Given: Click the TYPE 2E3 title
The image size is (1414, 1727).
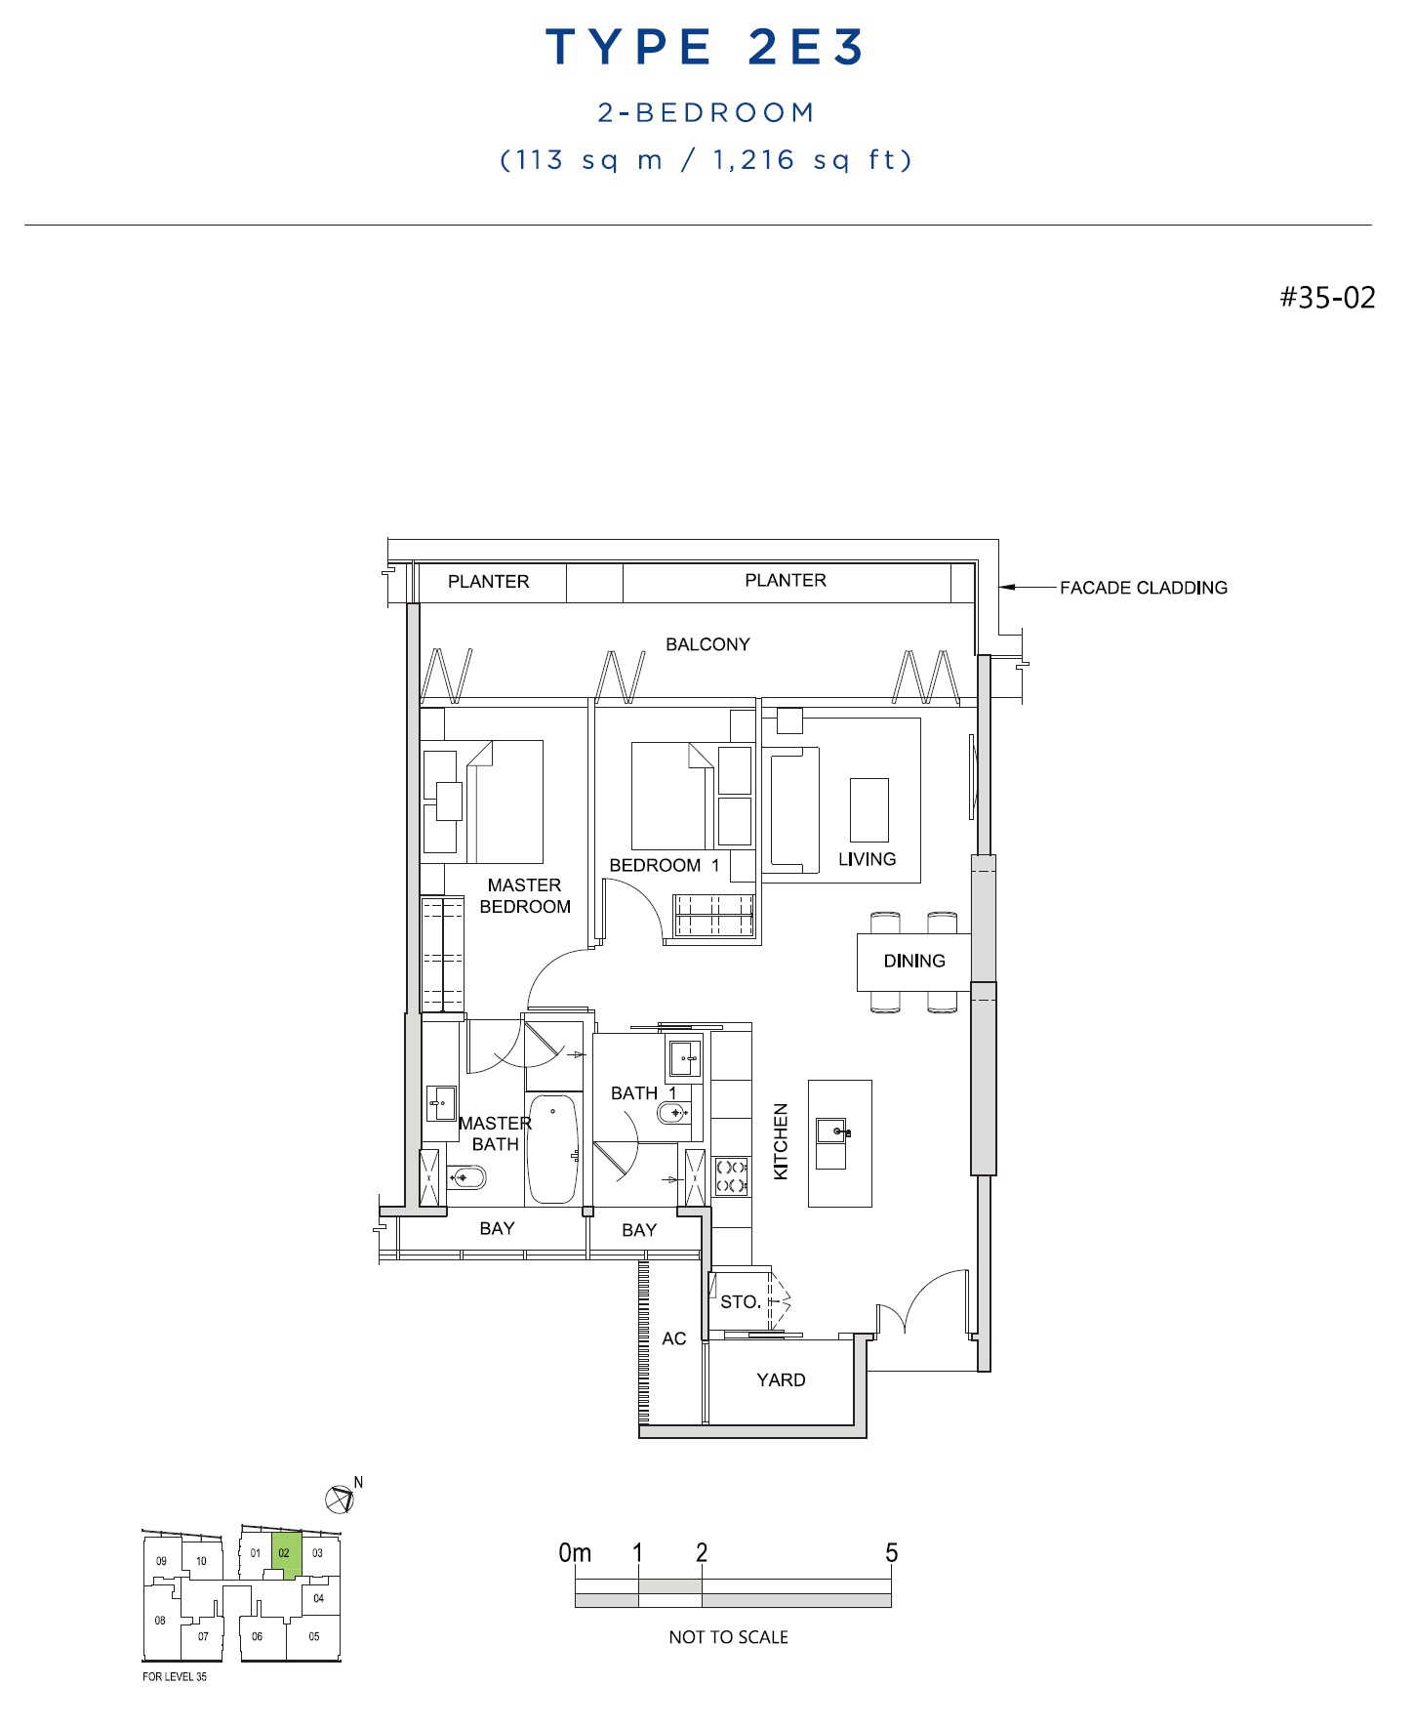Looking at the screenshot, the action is click(705, 47).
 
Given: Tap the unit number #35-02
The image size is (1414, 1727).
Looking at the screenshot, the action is click(1327, 297).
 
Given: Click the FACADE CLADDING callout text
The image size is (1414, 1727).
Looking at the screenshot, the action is click(1144, 588).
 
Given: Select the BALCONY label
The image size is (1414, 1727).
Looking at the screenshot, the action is click(707, 644).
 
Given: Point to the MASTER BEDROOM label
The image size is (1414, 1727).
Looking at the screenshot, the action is click(525, 896).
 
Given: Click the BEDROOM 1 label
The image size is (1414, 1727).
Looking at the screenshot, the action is click(665, 865).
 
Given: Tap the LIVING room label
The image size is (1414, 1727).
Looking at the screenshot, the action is click(867, 859).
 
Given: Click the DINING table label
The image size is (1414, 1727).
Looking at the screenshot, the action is click(914, 961).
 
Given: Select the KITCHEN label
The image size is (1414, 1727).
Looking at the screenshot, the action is click(781, 1141).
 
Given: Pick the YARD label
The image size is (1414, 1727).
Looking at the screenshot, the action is click(781, 1379).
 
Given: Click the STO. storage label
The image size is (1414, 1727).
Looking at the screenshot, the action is click(741, 1301).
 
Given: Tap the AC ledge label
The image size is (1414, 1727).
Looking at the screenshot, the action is click(674, 1338).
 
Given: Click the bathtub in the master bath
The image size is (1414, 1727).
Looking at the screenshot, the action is click(552, 1149).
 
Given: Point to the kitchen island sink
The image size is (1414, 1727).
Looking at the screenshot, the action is click(833, 1132).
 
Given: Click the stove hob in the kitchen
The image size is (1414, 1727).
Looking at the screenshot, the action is click(731, 1176).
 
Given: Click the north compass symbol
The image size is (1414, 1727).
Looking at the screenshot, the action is click(341, 1497).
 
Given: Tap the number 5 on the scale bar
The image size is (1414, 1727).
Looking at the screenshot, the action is click(891, 1552).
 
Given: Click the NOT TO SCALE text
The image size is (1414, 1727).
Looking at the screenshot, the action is click(728, 1637).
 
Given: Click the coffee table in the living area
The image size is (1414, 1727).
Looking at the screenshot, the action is click(869, 810).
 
